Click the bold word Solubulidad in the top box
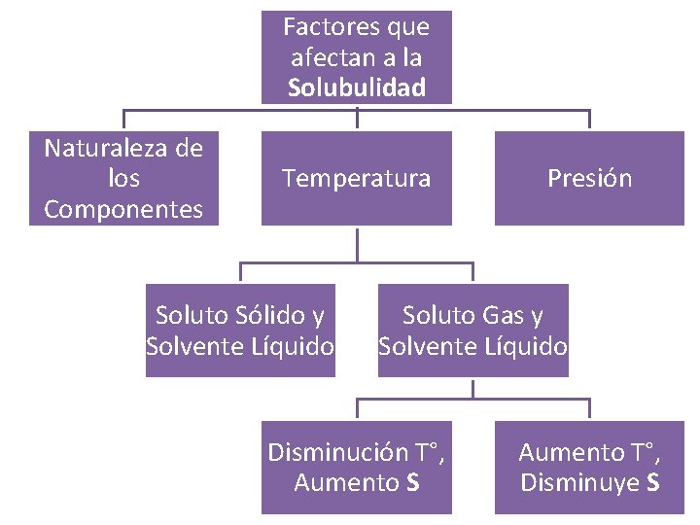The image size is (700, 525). (x=357, y=88)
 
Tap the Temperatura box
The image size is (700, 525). (x=356, y=179)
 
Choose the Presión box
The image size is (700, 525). (x=589, y=179)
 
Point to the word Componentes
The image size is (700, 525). (x=123, y=209)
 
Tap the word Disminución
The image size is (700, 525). (x=338, y=452)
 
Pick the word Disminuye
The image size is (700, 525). (x=580, y=482)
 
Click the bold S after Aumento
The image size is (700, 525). (x=412, y=482)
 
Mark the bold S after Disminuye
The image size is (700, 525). (x=652, y=482)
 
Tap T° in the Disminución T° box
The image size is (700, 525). (x=430, y=452)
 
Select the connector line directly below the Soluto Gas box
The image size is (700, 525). (x=472, y=388)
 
